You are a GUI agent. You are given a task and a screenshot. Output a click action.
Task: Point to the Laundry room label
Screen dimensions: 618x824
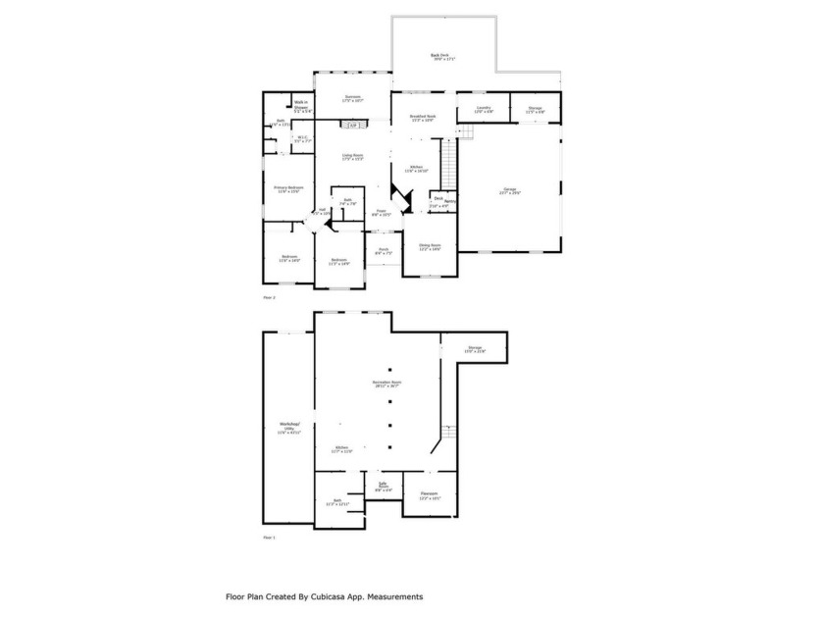[x=484, y=109]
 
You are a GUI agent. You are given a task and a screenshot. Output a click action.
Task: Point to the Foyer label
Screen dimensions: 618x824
[x=382, y=212]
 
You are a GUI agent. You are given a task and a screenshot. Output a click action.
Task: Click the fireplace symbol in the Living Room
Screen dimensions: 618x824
[x=353, y=125]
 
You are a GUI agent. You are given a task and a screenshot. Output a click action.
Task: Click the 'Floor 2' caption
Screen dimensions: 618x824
[x=270, y=295]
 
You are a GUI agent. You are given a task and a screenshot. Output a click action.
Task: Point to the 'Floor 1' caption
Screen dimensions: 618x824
[x=270, y=539]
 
